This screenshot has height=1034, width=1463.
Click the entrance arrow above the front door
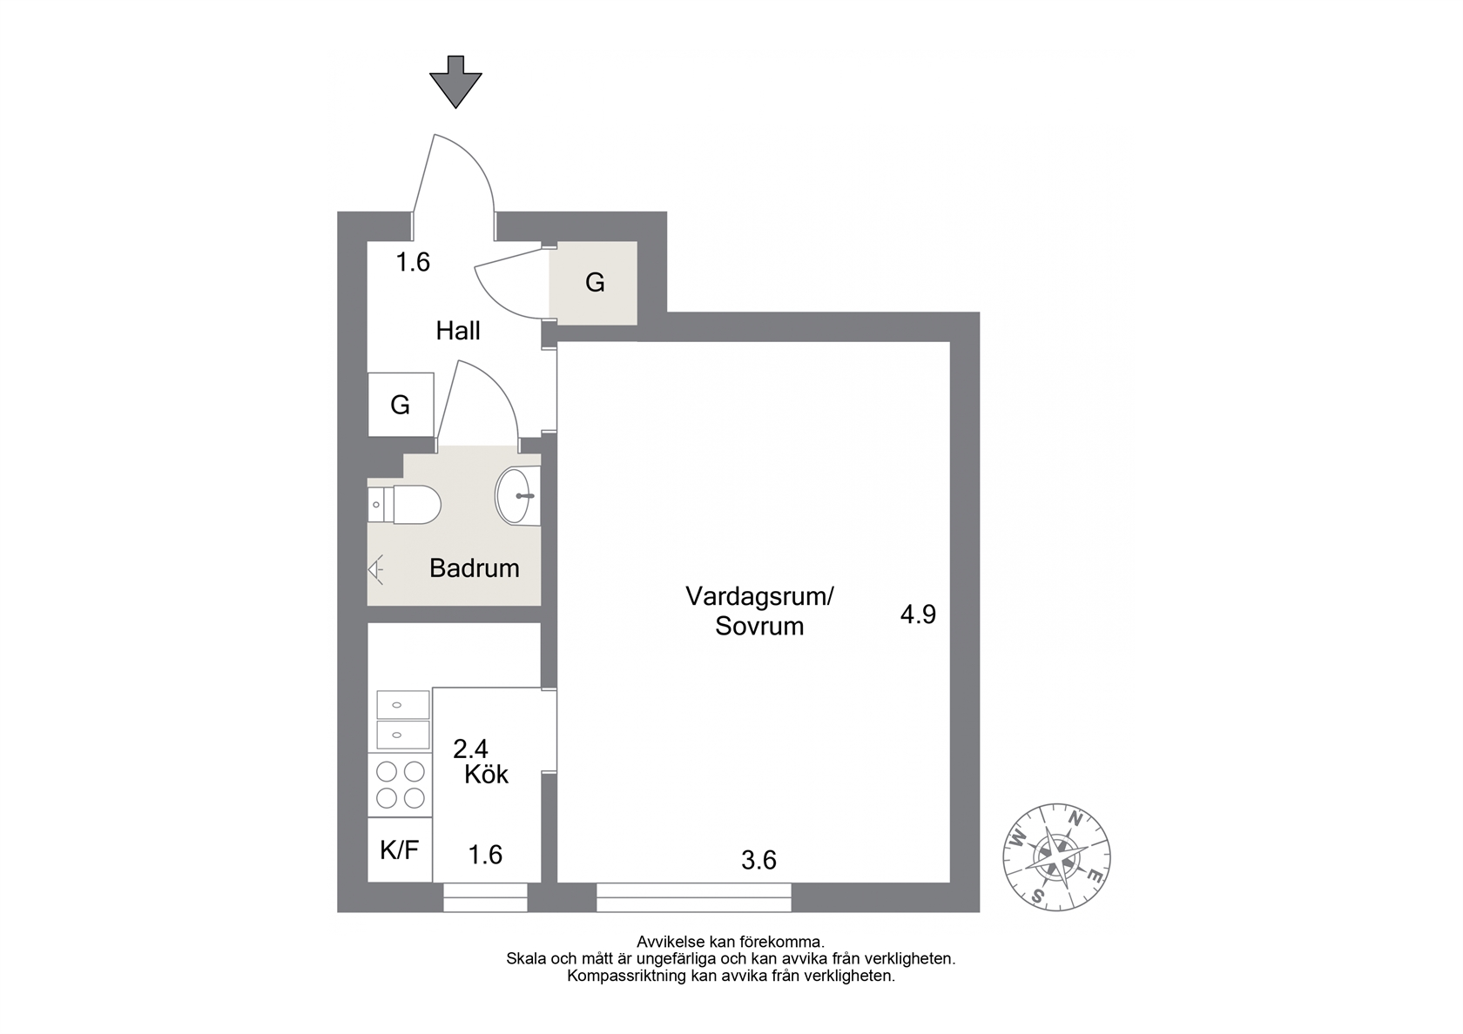pos(455,82)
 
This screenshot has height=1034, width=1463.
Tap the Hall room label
pos(458,331)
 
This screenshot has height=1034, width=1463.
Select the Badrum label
pos(474,567)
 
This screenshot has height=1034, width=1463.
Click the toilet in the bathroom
pos(404,505)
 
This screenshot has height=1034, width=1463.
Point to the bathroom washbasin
pos(518,495)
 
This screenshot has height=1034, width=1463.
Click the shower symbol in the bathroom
pos(375,569)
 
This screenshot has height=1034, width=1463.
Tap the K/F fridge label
pos(399,849)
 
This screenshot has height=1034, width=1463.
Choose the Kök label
pos(486,775)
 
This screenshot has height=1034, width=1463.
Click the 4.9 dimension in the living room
pos(918,614)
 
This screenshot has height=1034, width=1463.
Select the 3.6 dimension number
pos(758,860)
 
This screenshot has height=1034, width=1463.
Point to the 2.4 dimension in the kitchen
pos(470,749)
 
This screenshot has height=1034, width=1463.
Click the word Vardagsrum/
pos(759,596)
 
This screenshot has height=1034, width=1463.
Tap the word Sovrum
pos(759,626)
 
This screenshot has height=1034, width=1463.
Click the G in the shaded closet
pos(594,283)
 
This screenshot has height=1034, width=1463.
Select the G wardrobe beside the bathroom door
pos(400,405)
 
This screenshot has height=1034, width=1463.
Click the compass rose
pos(1056,857)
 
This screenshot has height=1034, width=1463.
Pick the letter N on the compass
pos(1073,819)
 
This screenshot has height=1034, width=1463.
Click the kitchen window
pos(485,897)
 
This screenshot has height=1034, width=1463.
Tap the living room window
pos(693,897)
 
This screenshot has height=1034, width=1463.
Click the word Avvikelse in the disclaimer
pos(671,942)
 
